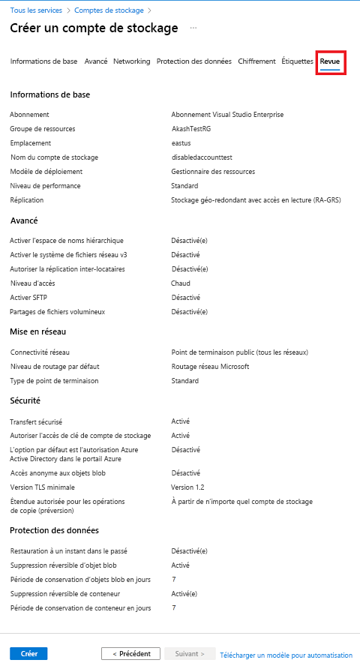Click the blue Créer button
[28, 653]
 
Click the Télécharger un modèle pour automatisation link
[286, 654]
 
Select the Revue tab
[330, 61]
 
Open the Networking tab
[131, 61]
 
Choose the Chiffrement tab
[256, 61]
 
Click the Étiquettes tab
[297, 61]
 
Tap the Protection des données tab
[193, 61]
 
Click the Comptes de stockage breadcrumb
[109, 10]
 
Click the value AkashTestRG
[191, 129]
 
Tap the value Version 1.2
[187, 487]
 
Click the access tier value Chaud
[181, 283]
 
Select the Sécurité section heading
[25, 401]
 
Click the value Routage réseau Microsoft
[210, 367]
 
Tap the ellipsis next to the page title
[193, 28]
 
